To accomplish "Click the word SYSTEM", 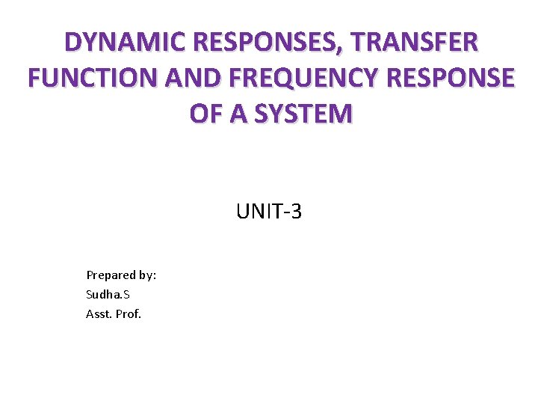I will tap(306, 114).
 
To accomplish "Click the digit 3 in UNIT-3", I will tap(296, 212).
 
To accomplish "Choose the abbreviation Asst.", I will tap(98, 314).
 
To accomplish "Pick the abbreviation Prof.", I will tap(128, 314).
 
